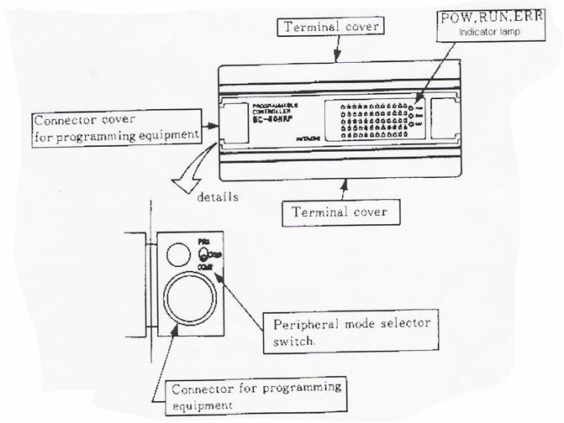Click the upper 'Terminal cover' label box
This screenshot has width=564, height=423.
[331, 27]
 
